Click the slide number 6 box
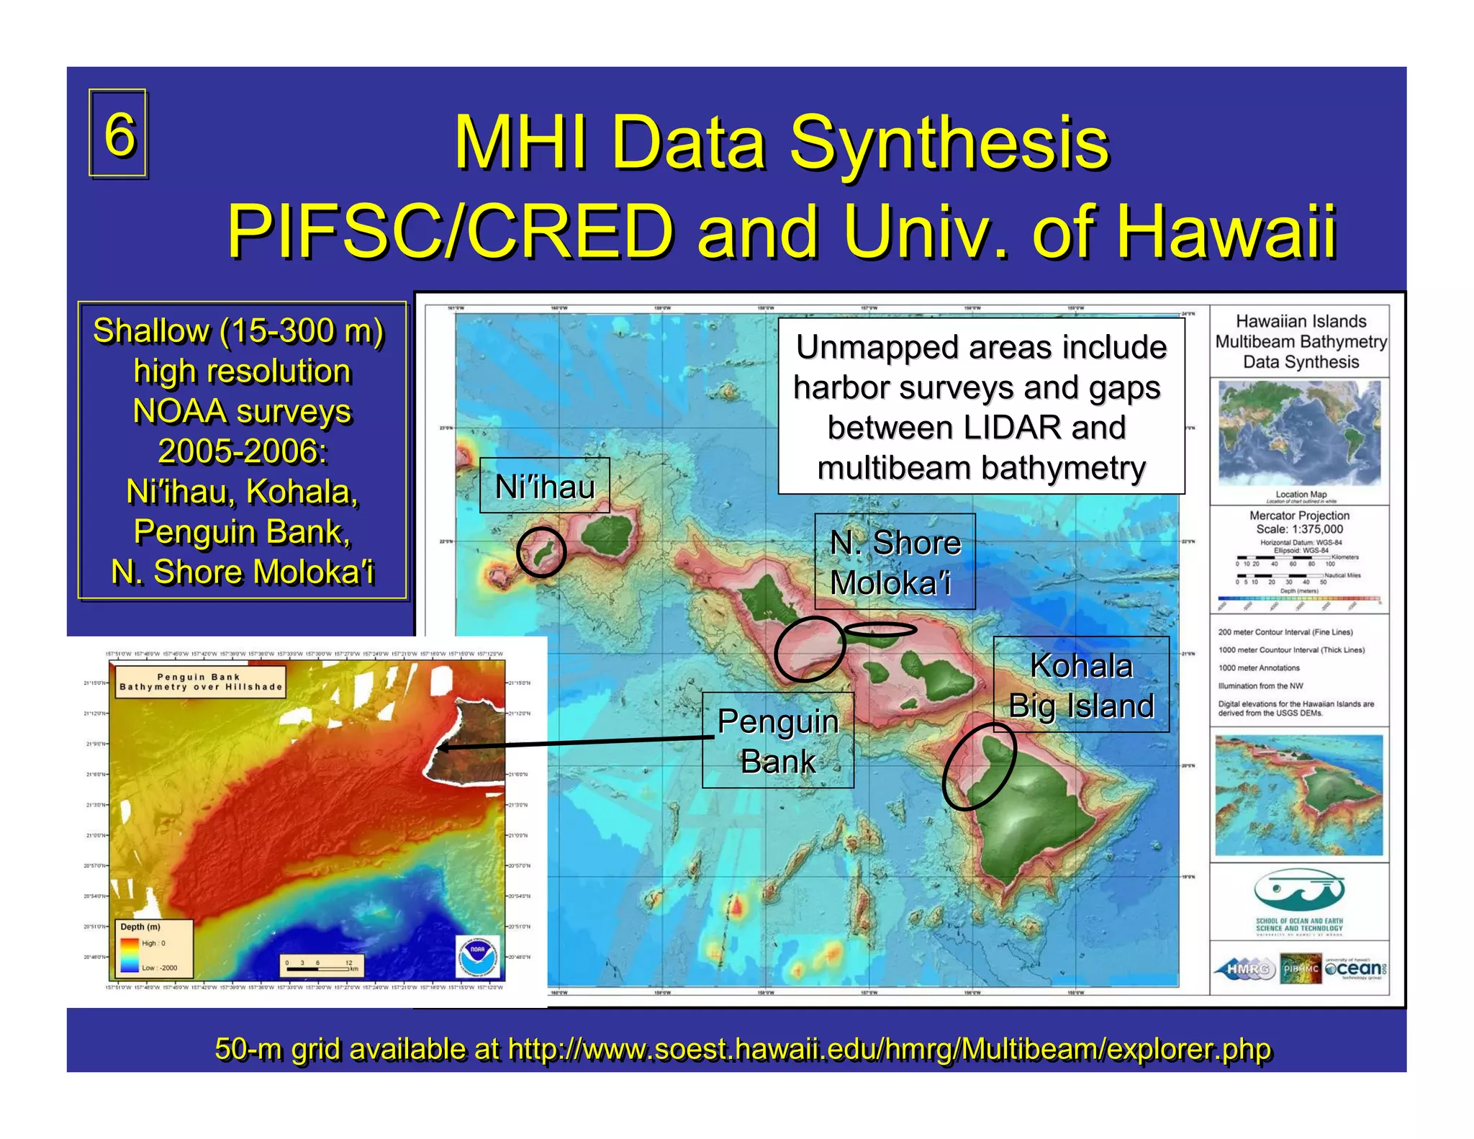coord(118,133)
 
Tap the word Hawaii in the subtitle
coord(1185,231)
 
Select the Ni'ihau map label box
coord(544,486)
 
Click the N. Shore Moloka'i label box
coord(895,562)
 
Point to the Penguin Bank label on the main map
coord(778,740)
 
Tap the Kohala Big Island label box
coord(1080,685)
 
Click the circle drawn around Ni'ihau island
coord(541,552)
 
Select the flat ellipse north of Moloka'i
coord(880,630)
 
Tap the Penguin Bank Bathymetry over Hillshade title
coord(200,682)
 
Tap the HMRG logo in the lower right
coord(1246,969)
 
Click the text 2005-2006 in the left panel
coord(243,451)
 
